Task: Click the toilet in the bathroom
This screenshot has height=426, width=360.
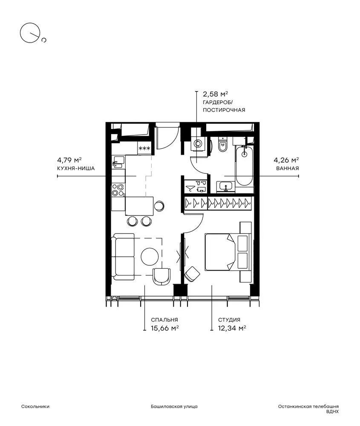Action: (222, 144)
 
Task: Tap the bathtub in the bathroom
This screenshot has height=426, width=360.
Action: (245, 166)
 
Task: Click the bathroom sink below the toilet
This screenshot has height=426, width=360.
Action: (225, 187)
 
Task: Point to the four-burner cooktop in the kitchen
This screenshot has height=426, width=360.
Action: (118, 190)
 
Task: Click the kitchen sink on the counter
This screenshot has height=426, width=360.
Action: (118, 162)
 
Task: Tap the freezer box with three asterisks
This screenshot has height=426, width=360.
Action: (144, 148)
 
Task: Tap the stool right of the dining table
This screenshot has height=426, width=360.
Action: (159, 206)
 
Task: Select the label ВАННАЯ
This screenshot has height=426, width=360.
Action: (288, 168)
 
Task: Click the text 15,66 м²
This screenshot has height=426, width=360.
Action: (164, 328)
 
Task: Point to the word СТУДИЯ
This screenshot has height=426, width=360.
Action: (229, 320)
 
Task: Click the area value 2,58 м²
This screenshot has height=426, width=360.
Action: (216, 94)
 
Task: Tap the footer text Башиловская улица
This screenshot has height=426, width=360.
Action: (174, 407)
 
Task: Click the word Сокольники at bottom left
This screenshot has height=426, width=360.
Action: (35, 407)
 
